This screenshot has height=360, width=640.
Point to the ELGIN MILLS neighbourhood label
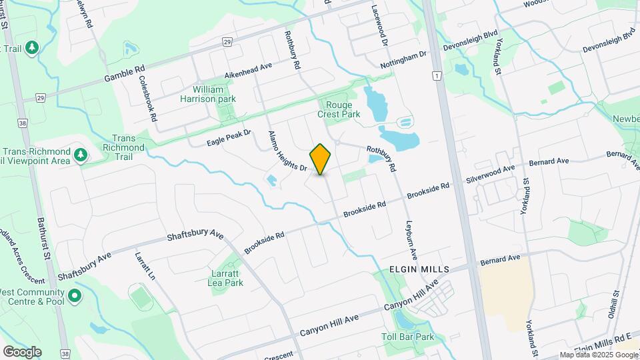click(x=420, y=269)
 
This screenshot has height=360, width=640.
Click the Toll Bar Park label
click(x=408, y=337)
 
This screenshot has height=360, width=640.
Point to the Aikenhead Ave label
click(x=249, y=70)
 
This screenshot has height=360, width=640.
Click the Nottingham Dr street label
click(x=403, y=60)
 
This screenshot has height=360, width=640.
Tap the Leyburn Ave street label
click(x=411, y=239)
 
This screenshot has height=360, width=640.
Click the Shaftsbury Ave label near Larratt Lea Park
click(x=195, y=236)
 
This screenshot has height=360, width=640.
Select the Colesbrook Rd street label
click(x=147, y=97)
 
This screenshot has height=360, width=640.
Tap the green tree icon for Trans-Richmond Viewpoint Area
click(x=81, y=155)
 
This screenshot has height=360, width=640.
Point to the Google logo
click(x=22, y=351)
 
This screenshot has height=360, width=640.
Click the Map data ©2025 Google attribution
click(x=599, y=355)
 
